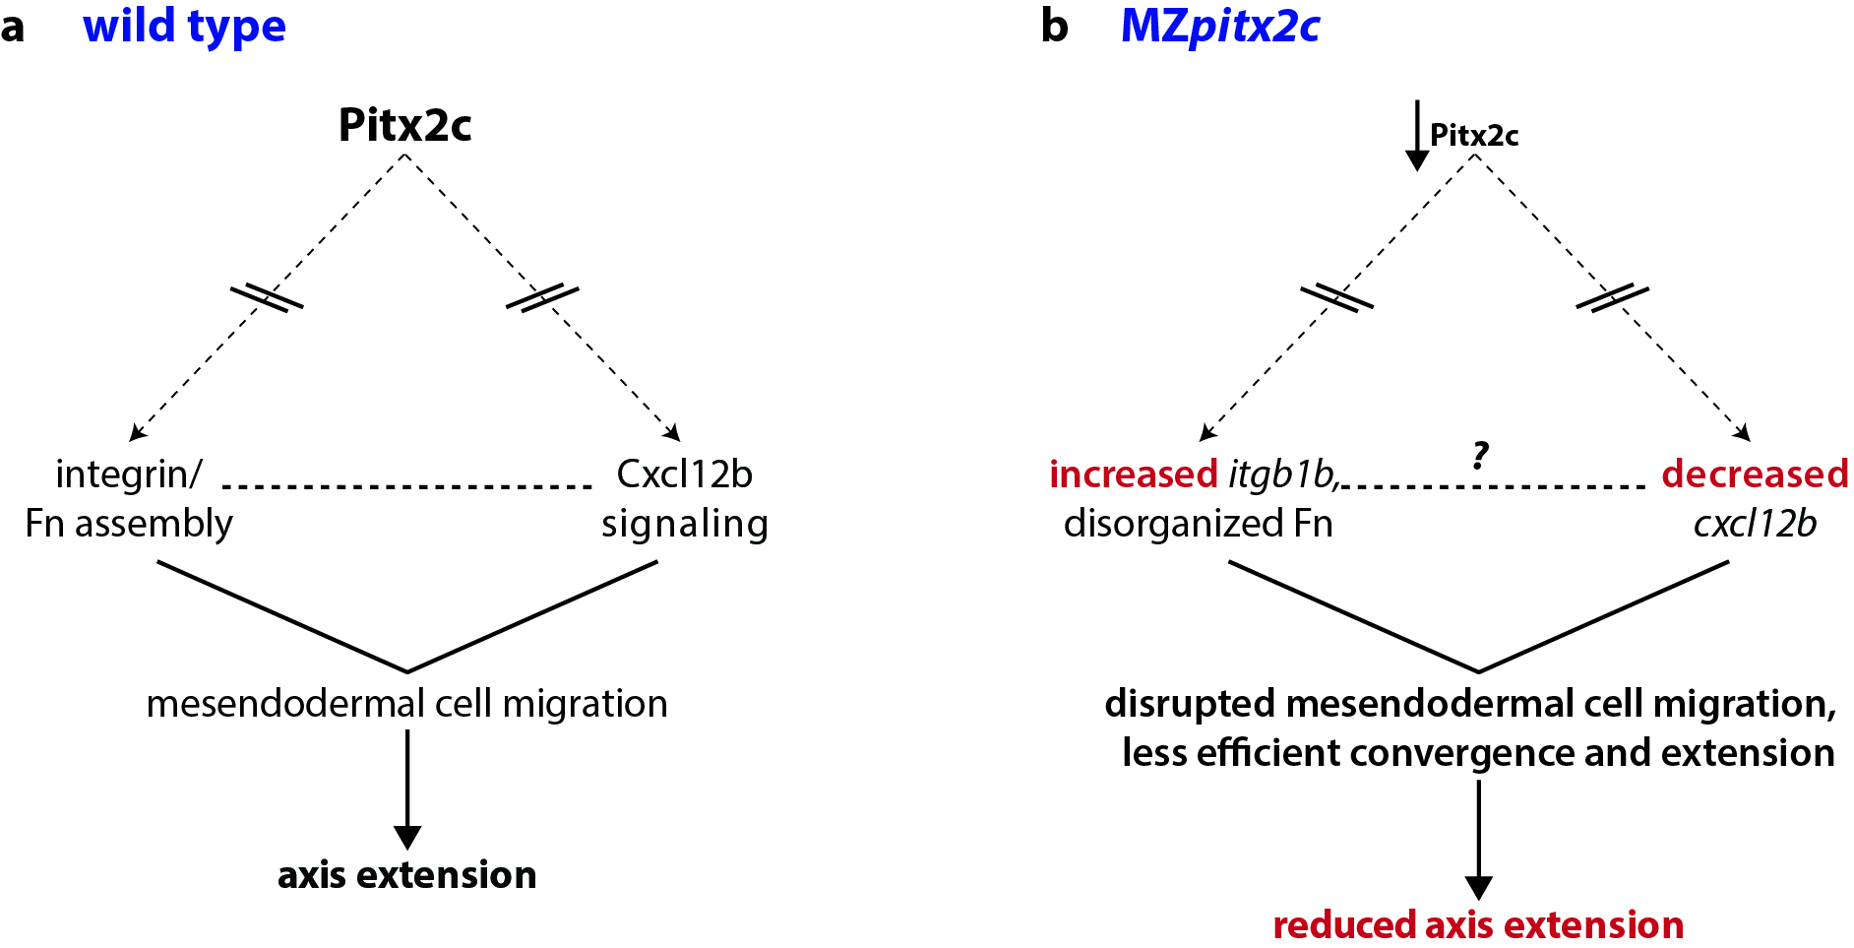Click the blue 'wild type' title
[184, 27]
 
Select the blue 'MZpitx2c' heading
[1219, 27]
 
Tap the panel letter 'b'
[1054, 27]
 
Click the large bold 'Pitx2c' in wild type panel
[404, 125]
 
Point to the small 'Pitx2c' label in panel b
[1473, 135]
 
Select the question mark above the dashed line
[1480, 455]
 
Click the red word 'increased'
[1133, 474]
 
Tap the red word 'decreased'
[1755, 474]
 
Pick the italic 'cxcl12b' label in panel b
[1755, 524]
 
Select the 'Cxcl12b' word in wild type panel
[684, 474]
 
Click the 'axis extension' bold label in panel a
[406, 875]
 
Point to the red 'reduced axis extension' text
[1478, 925]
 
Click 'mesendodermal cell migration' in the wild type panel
[406, 704]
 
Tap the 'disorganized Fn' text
[1198, 524]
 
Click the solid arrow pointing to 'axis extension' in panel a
[406, 788]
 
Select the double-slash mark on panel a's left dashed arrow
[266, 297]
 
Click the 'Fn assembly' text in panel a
[129, 524]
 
